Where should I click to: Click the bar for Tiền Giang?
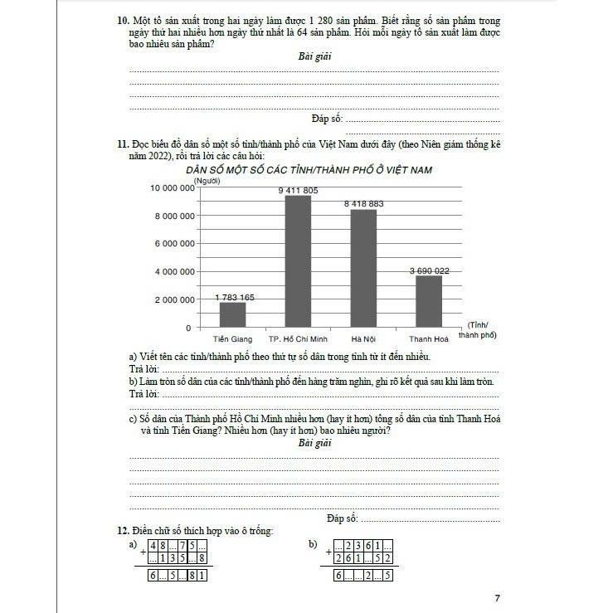click(233, 314)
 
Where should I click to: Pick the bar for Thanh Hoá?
click(429, 301)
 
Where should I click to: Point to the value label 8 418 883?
click(364, 204)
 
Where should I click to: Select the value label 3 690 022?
click(430, 270)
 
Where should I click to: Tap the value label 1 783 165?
click(235, 297)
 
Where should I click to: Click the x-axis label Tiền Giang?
click(232, 339)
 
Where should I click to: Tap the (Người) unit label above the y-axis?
click(207, 179)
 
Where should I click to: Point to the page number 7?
click(497, 597)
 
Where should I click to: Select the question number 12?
click(121, 530)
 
